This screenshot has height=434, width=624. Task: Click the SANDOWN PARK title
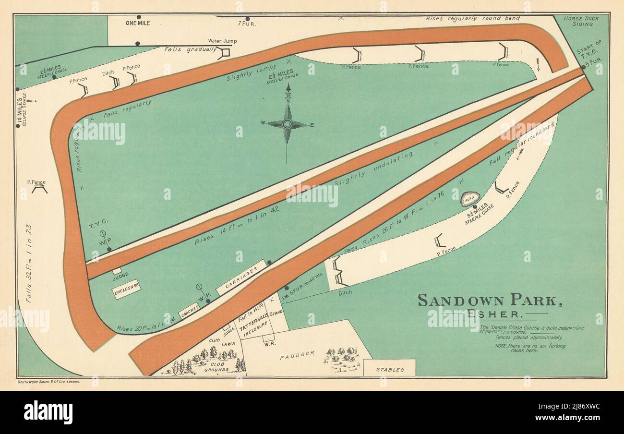pyautogui.click(x=490, y=300)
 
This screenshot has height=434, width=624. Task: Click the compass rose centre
pyautogui.click(x=287, y=124)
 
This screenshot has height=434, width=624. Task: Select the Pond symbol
pyautogui.click(x=470, y=199)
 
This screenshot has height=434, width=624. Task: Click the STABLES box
pyautogui.click(x=389, y=370)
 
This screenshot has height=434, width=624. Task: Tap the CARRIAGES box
pyautogui.click(x=241, y=277)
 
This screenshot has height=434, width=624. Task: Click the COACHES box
pyautogui.click(x=188, y=311)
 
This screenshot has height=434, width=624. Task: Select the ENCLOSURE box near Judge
pyautogui.click(x=127, y=289)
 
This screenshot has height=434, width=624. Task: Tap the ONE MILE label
pyautogui.click(x=138, y=23)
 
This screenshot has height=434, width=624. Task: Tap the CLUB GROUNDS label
pyautogui.click(x=216, y=366)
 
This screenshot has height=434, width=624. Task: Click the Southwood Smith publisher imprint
pyautogui.click(x=48, y=382)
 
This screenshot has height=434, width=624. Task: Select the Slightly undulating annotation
pyautogui.click(x=373, y=169)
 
